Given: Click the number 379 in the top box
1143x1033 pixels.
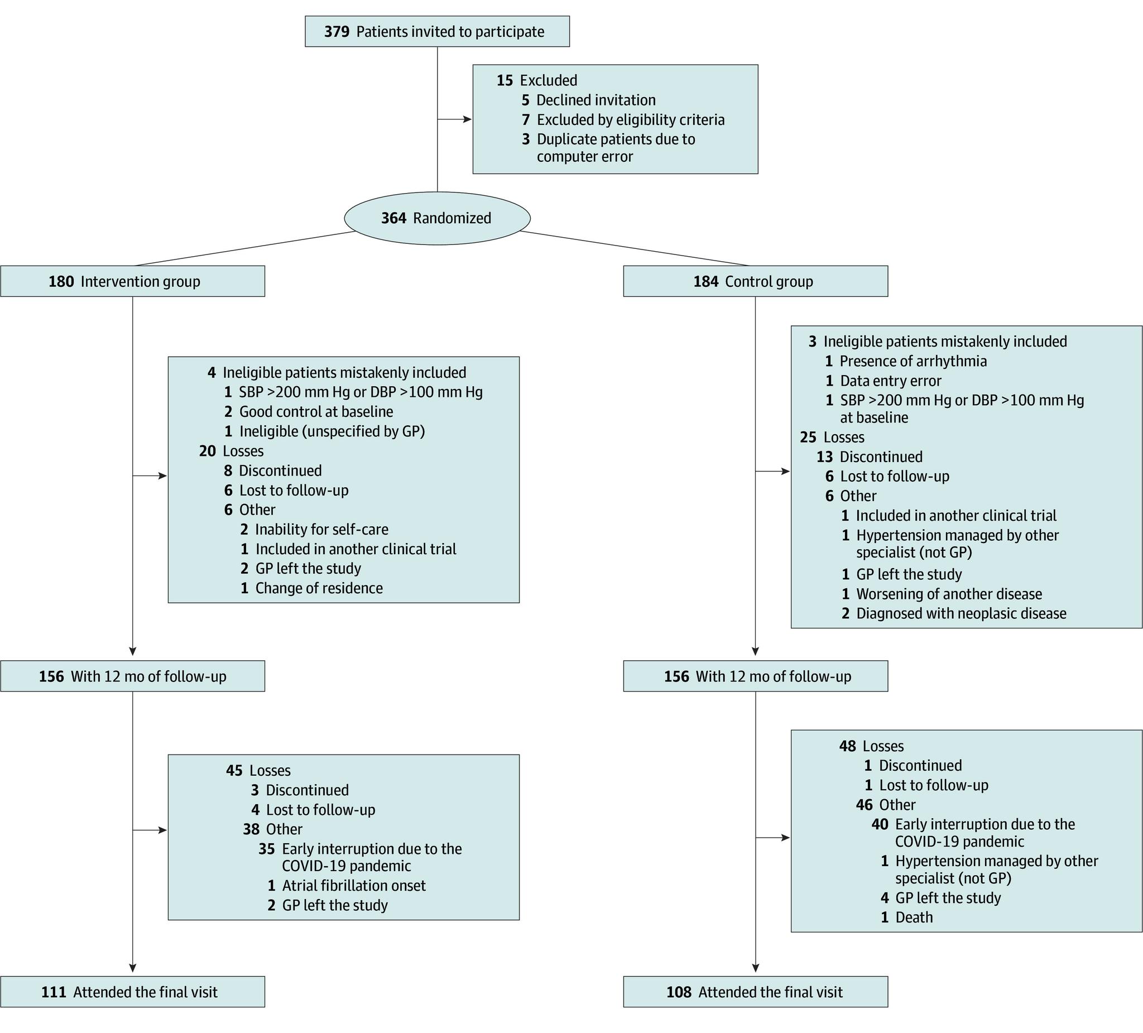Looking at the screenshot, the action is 337,32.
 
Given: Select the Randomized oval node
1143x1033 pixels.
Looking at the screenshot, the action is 437,218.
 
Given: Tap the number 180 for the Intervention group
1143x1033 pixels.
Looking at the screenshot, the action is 61,282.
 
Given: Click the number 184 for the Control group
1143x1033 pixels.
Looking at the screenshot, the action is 706,282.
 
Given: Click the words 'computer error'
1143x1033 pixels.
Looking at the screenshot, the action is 584,156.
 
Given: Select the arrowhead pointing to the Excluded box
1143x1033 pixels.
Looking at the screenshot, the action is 468,119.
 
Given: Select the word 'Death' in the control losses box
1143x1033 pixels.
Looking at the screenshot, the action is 914,917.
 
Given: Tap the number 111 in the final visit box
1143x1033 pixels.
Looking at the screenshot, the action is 54,992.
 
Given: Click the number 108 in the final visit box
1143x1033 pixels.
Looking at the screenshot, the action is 679,992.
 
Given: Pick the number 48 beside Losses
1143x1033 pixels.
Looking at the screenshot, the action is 848,746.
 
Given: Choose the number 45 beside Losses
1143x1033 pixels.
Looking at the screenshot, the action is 234,771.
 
